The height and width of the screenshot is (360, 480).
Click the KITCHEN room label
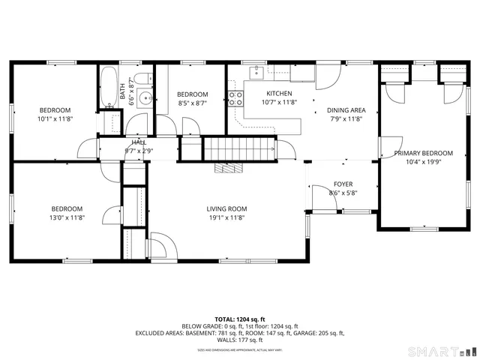pos(279,94)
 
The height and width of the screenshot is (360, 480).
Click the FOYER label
pos(343,184)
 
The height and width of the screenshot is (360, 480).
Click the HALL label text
pos(139,142)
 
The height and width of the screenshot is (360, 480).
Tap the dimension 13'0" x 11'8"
pos(67,217)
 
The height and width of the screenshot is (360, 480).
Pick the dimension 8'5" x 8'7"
pos(192,103)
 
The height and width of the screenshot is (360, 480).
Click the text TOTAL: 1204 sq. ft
pos(239,319)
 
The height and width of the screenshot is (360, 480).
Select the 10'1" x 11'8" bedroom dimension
pos(55,118)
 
